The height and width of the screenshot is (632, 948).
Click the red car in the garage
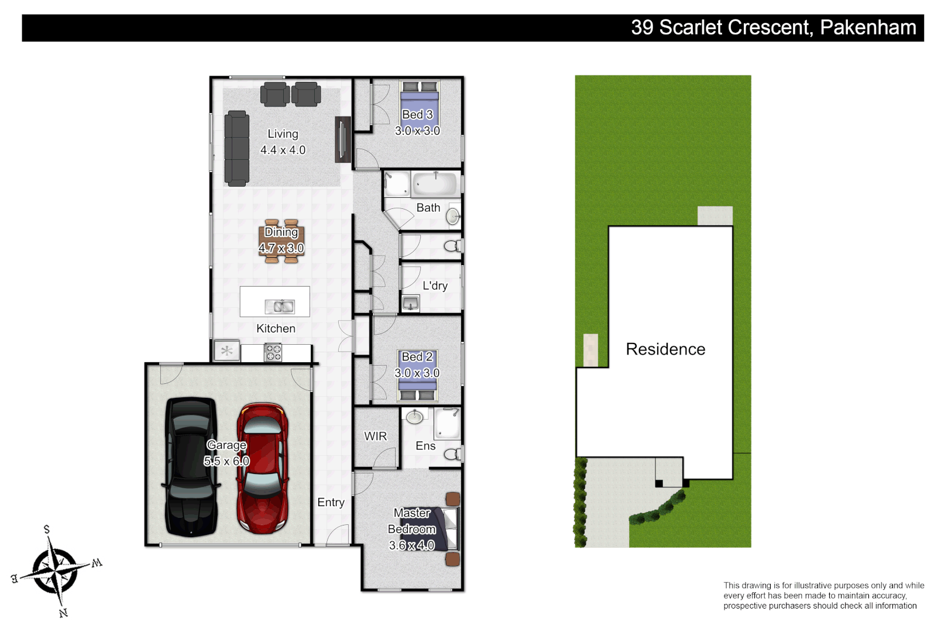(x=262, y=468)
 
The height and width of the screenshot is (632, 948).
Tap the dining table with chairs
(x=281, y=241)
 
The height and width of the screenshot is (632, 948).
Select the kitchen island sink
(x=280, y=306)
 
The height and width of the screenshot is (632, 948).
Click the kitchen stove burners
(x=273, y=352)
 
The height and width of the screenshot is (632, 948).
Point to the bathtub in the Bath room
(x=434, y=184)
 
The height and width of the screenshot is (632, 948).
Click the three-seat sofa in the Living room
(x=236, y=148)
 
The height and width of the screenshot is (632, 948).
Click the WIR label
(x=375, y=436)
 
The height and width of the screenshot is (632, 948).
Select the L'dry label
(x=435, y=286)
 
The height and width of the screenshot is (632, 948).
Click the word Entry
(x=331, y=502)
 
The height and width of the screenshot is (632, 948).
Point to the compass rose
(x=54, y=571)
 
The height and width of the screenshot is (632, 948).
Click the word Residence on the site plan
(x=665, y=349)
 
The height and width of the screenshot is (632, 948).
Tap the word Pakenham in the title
(x=867, y=28)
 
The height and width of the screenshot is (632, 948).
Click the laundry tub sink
(x=411, y=303)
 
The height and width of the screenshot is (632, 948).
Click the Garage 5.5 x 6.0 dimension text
(x=226, y=461)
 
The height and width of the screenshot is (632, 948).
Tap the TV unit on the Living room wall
(x=342, y=139)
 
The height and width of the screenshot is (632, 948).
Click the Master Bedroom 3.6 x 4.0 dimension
(x=411, y=545)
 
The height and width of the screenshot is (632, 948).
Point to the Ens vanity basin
(x=415, y=417)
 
